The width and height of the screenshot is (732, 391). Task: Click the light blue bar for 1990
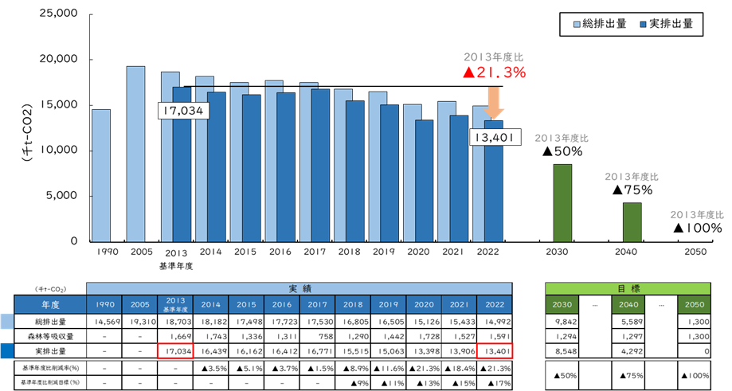pyautogui.click(x=100, y=175)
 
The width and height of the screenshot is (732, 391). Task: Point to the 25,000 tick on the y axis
pyautogui.click(x=57, y=14)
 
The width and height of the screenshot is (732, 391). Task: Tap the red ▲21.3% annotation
pyautogui.click(x=494, y=72)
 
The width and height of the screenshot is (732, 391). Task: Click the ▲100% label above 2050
pyautogui.click(x=698, y=228)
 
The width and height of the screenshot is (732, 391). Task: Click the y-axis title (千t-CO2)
pyautogui.click(x=26, y=127)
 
